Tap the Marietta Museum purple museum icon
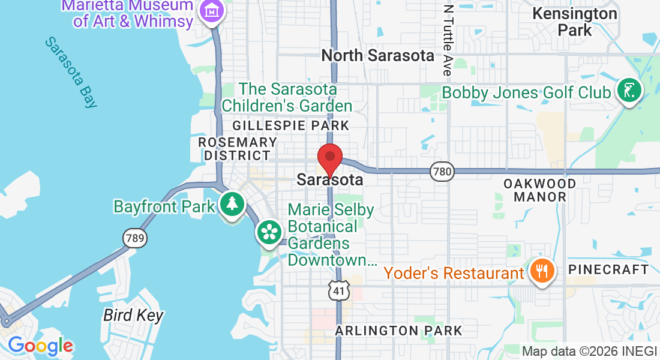pos(212,11)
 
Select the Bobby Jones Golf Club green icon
pos(629,91)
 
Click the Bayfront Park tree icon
pos(231,205)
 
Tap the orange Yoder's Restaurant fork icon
pos(542,271)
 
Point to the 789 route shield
pos(134,239)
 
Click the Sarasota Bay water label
pos(71,72)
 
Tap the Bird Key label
pos(133,315)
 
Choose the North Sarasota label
pos(377,56)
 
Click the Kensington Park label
pos(575,21)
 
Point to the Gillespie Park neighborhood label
pos(290,125)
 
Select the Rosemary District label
pos(237,149)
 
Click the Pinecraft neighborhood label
pos(608,269)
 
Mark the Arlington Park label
pos(398,331)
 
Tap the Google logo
pos(40,346)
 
